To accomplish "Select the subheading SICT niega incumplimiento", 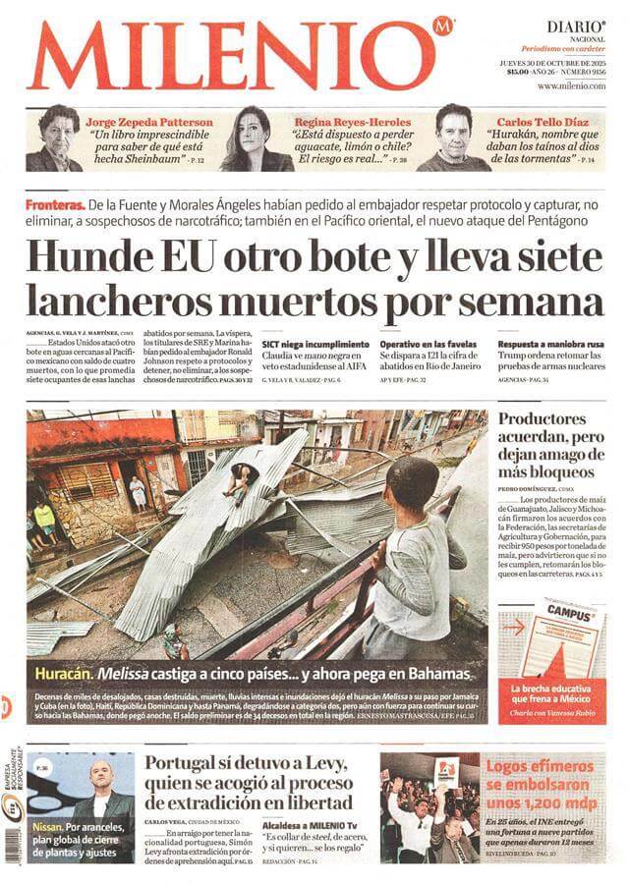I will coord(314,345).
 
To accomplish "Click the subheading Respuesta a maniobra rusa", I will coord(550,345).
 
